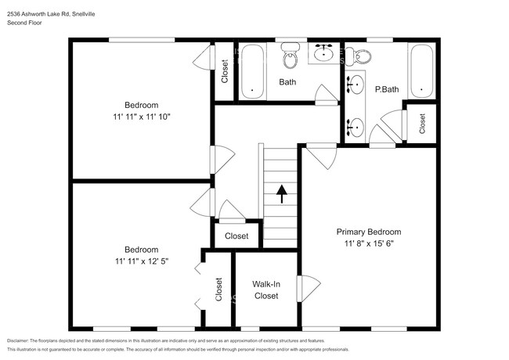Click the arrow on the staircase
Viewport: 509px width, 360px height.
tap(281, 190)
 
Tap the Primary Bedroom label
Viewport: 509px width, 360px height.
tap(368, 232)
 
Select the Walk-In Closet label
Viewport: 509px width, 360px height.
tap(265, 290)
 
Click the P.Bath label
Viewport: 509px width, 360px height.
tap(387, 89)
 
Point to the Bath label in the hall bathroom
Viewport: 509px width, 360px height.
tap(287, 81)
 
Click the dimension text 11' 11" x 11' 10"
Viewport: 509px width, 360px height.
tap(142, 116)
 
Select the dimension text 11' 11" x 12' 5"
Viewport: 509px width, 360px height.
tap(142, 260)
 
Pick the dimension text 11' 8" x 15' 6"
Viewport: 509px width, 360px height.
tap(368, 243)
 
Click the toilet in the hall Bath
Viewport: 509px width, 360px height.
tap(291, 57)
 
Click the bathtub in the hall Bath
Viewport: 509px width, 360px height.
tap(251, 70)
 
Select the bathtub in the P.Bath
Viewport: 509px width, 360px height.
tap(421, 70)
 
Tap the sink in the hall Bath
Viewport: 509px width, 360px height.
tap(323, 54)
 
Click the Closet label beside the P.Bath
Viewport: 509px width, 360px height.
tap(422, 122)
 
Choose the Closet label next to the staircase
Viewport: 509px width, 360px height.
tap(236, 236)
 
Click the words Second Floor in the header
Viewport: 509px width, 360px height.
tap(24, 23)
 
